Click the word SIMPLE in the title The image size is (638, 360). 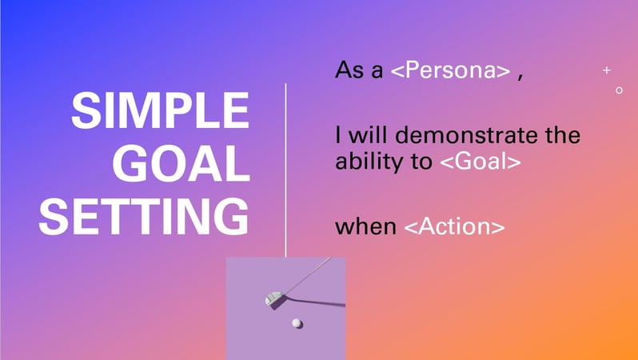161,110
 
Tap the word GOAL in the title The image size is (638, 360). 181,163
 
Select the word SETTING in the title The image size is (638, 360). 144,216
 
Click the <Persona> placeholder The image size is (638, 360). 450,70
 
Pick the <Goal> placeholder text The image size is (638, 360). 480,161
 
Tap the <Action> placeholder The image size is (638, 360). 454,226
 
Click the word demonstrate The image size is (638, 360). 467,134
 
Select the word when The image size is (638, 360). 365,226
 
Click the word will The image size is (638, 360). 368,134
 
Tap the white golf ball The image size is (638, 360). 297,323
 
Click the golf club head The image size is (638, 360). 273,298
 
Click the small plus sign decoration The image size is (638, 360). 607,70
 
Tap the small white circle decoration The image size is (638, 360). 619,90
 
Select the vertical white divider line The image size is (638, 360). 285,170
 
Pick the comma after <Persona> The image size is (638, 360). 520,77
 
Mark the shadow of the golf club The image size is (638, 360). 309,303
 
